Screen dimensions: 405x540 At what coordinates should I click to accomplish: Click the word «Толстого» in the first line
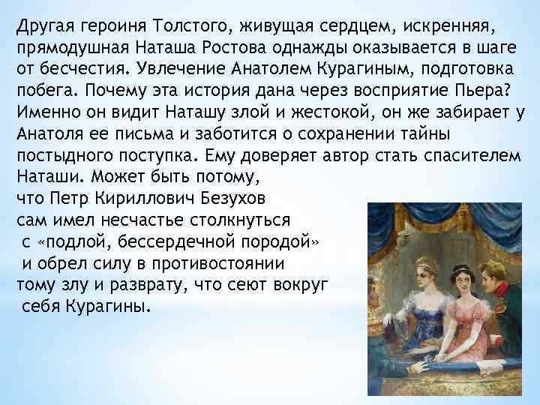coord(197,28)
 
